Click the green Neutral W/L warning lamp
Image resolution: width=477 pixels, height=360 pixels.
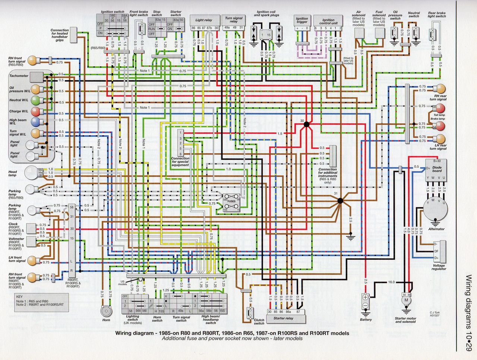coord(35,100)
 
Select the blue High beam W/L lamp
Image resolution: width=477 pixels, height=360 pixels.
coord(35,122)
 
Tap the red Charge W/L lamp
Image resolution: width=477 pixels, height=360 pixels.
coord(35,111)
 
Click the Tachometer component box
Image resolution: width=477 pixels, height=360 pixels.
coord(37,77)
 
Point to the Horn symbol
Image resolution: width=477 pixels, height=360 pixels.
coord(106,311)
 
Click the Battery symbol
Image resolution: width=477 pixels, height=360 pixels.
coord(366,302)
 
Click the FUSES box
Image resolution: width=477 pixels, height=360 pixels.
coord(232,202)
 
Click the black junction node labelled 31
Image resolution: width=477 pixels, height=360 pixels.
coord(340,201)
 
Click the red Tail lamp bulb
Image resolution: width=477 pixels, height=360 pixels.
coord(440,108)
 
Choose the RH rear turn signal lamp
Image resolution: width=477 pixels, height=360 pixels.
coord(440,89)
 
